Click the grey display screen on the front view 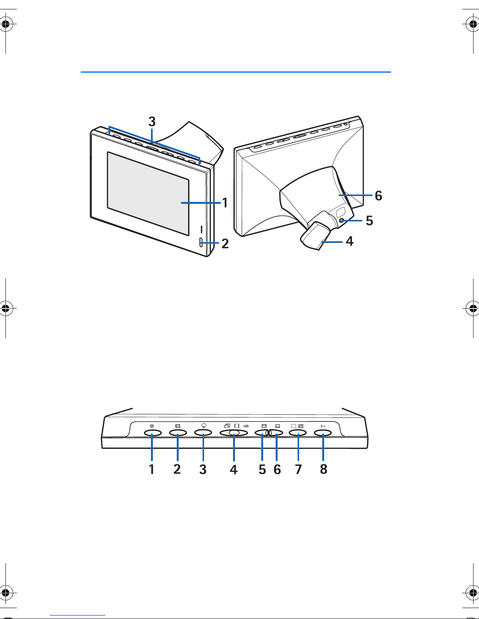[x=148, y=194]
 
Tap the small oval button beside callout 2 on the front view [x=201, y=243]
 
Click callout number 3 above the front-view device [x=152, y=121]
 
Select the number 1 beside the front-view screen [x=225, y=203]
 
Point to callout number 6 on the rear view [x=379, y=196]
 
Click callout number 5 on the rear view [x=370, y=221]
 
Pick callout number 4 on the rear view [x=350, y=241]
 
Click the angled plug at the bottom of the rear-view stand [x=316, y=236]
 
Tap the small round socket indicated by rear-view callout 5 [x=341, y=220]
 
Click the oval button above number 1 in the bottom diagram [x=152, y=433]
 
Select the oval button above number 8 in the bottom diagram [x=323, y=433]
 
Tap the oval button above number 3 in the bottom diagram [x=203, y=433]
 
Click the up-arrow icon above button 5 [x=264, y=426]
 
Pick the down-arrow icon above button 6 [x=278, y=426]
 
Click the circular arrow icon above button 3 [x=204, y=426]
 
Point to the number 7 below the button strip [x=298, y=469]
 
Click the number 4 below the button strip [x=233, y=469]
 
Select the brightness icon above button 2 [x=178, y=426]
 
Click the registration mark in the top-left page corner [x=6, y=24]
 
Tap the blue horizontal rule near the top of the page [x=236, y=72]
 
